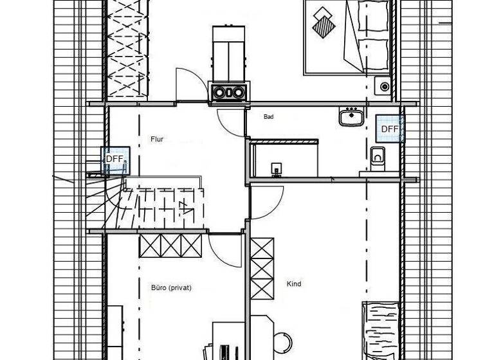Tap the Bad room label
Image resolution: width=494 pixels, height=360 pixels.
269,117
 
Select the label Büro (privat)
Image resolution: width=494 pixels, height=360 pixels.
172,288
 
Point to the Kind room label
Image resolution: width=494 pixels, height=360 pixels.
294,283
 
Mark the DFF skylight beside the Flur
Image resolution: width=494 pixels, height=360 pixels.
114,158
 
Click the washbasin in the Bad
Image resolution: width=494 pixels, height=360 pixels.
351,117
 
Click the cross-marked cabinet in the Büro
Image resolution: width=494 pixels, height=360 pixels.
169,245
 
